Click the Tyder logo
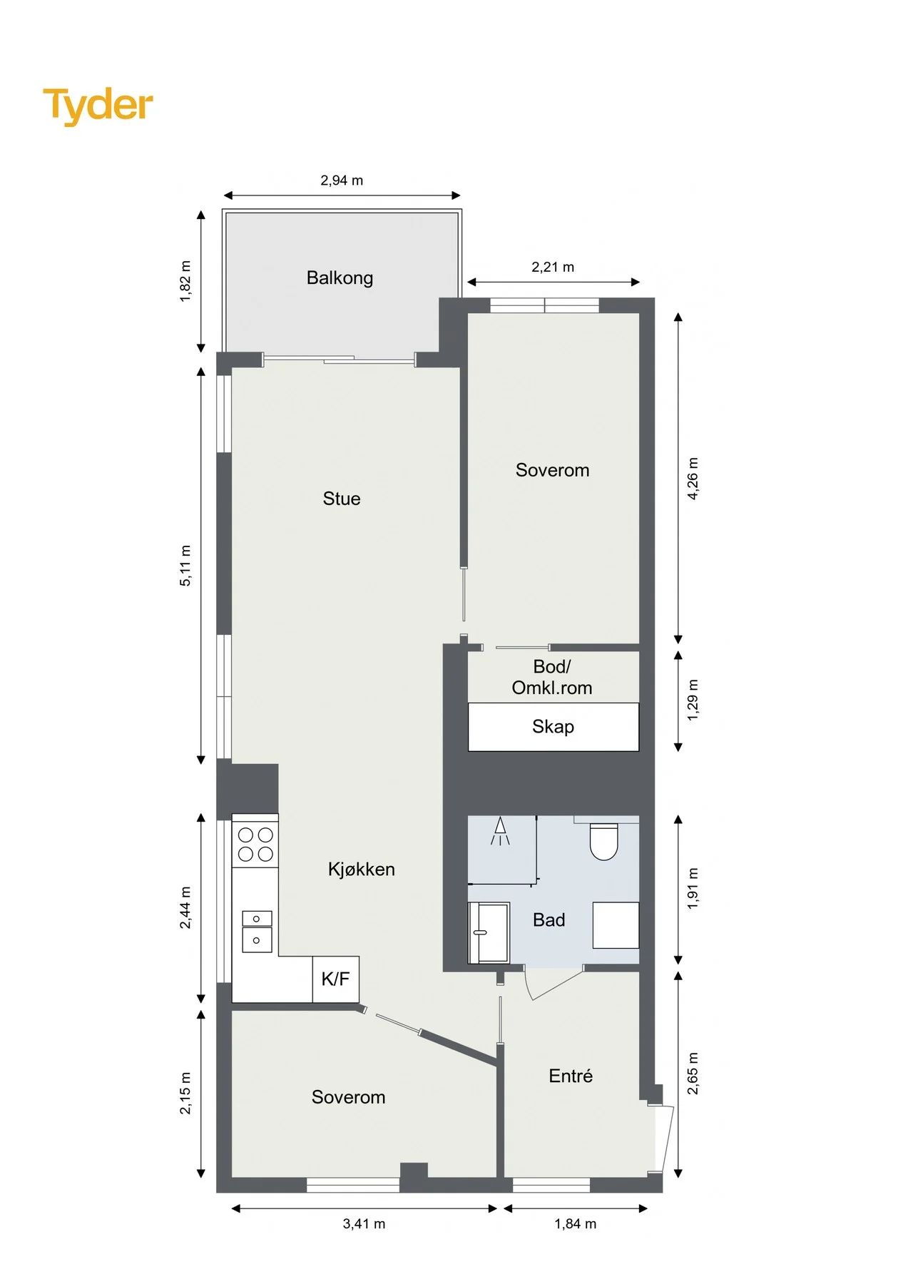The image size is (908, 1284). pos(98,106)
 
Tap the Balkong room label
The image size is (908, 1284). pos(340,278)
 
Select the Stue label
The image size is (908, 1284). pos(342,499)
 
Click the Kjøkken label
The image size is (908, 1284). pos(361,869)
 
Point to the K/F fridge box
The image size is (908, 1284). pos(336,979)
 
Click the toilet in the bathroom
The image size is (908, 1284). pos(603,842)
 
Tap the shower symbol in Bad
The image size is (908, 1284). pos(500,831)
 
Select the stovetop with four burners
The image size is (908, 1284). pos(255,844)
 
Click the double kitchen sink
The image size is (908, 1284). pos(257,932)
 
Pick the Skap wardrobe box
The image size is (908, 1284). pos(554,727)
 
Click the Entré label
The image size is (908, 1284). pos(571,1076)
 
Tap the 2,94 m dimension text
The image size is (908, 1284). pos(342,180)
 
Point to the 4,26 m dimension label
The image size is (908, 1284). pos(693,479)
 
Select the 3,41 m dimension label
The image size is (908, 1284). pos(364,1224)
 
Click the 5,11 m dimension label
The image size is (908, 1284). pos(185,566)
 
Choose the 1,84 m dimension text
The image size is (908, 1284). pos(575,1224)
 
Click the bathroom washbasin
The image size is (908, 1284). pos(489,932)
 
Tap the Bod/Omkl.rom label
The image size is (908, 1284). pos(552,677)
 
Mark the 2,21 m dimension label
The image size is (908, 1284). pos(553,267)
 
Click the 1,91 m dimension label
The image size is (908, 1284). pos(693,889)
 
